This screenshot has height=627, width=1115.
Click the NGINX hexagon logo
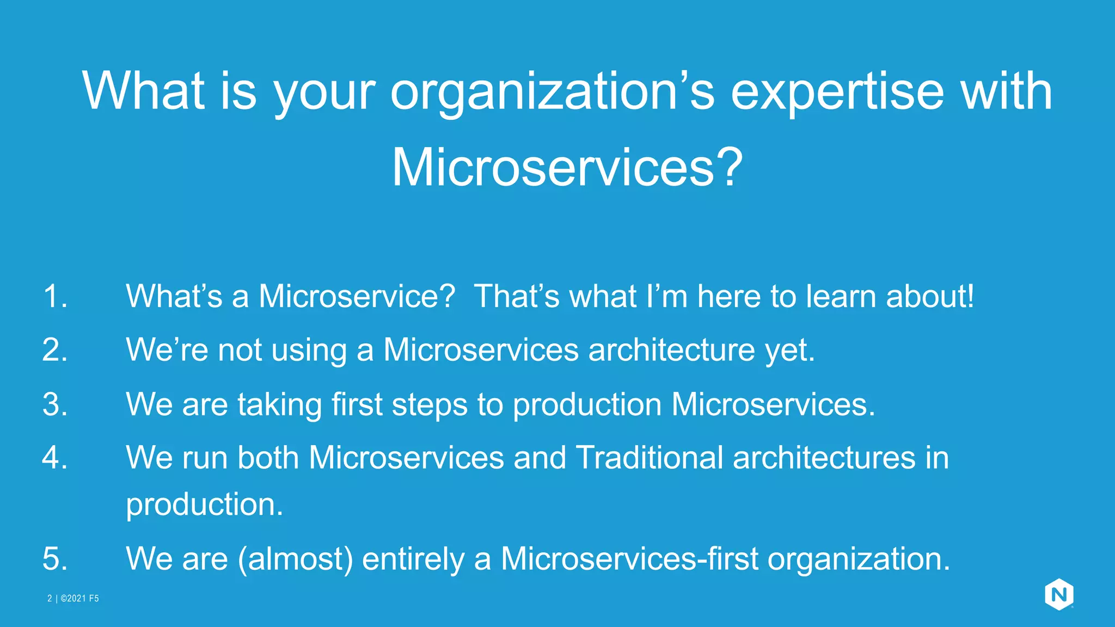point(1059,594)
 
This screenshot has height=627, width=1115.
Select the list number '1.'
point(55,297)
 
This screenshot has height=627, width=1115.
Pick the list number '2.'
point(55,350)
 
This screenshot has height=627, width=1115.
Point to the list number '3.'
point(55,405)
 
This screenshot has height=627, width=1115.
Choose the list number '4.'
point(55,458)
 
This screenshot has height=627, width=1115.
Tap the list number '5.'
point(55,559)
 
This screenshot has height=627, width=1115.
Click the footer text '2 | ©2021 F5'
point(73,599)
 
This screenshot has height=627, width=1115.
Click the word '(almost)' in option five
point(295,560)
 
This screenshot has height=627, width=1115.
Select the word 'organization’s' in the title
point(552,93)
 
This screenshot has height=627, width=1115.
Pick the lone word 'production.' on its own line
point(205,505)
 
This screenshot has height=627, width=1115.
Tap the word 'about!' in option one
point(930,297)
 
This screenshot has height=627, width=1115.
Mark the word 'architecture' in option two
point(671,350)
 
